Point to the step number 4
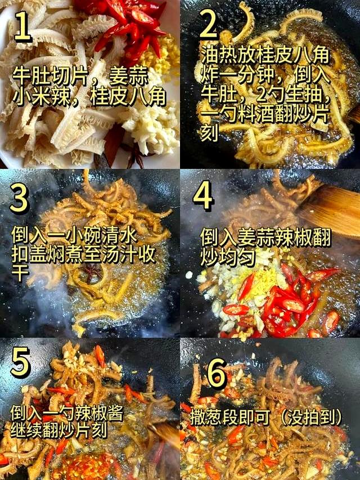[x=202, y=195]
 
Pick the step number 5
[x=20, y=362]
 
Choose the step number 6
[x=217, y=373]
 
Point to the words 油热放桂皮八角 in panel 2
[x=265, y=55]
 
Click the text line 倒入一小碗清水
[x=74, y=235]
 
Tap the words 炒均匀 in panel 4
[x=228, y=258]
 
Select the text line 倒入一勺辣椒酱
[x=67, y=413]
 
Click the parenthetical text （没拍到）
[x=310, y=416]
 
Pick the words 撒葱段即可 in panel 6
[x=231, y=416]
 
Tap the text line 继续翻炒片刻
[x=58, y=430]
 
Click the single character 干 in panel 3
[x=20, y=273]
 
